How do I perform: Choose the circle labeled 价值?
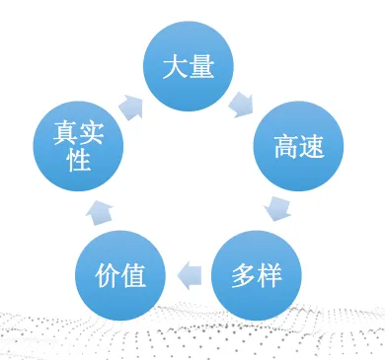click(x=120, y=276)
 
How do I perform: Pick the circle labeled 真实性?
click(x=79, y=147)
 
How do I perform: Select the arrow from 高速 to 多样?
click(x=279, y=208)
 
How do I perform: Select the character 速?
click(x=312, y=147)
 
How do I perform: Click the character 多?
click(x=244, y=276)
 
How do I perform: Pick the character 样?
click(x=269, y=276)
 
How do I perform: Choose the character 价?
click(x=108, y=276)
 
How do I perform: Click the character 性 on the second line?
click(x=79, y=161)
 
